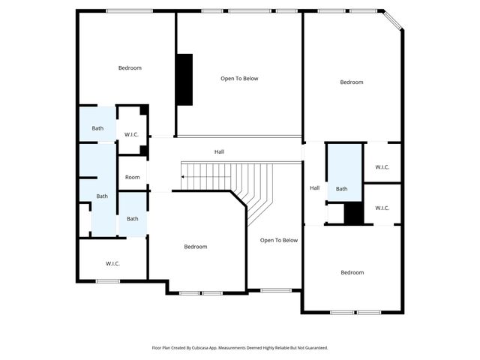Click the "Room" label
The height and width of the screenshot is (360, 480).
point(132,177)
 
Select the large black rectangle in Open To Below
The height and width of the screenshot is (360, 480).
point(184,79)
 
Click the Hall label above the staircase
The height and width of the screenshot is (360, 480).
point(219,151)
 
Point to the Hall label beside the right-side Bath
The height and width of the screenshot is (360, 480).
point(315,187)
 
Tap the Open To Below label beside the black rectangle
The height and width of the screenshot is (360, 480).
point(239,78)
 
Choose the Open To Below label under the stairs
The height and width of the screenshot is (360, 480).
point(279,240)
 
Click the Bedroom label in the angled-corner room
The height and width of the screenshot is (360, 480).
point(351,82)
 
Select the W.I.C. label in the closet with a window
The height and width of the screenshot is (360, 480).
point(113,263)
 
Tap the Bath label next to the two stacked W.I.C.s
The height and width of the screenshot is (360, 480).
point(341,189)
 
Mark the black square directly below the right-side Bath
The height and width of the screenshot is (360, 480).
point(353,214)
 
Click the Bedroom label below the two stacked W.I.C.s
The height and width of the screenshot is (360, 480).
point(352,272)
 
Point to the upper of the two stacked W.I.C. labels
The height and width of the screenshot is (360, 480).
point(382,167)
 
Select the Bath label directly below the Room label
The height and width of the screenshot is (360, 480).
point(132,218)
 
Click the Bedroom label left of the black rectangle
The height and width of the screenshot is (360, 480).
point(130,68)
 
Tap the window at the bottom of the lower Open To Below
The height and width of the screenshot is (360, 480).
point(275,290)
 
